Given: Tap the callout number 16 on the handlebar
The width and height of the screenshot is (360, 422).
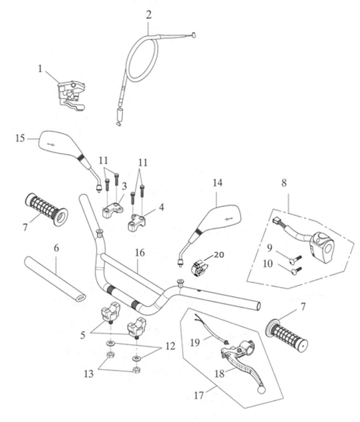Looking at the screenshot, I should tap(140, 253).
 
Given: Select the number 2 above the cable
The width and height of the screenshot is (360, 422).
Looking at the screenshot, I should tap(149, 15).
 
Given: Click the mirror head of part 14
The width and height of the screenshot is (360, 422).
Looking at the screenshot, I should tap(221, 216).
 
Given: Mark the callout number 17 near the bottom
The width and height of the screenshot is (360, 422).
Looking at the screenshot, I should tap(199, 396).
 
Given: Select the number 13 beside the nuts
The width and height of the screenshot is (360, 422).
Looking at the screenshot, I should tap(89, 374).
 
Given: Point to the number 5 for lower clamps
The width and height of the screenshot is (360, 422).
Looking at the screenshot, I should tap(82, 335).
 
